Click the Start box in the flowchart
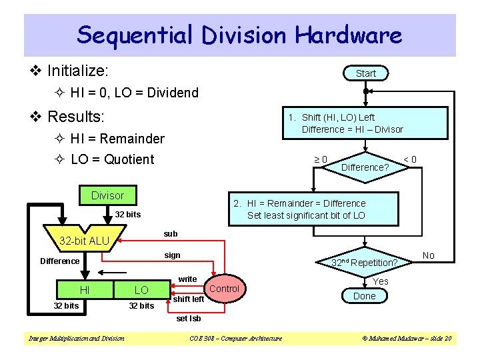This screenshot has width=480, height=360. point(365,73)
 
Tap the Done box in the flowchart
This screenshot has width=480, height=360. point(364,296)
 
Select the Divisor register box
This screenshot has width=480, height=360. point(107,195)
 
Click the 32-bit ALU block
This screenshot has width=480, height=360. point(85,241)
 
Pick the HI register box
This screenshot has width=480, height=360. point(85,290)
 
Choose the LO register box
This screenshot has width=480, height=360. point(141,290)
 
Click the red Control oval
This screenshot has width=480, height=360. point(224,289)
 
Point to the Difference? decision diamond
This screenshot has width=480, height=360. point(365,167)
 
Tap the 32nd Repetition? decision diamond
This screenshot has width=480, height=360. point(364,263)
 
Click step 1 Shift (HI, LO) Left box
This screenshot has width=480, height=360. point(352,123)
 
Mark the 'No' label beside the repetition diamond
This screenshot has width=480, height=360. point(429,255)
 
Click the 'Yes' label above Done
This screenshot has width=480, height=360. point(380,281)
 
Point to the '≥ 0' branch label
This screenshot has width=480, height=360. point(320,159)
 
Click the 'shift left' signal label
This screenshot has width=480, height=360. point(188,299)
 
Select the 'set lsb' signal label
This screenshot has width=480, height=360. point(189,318)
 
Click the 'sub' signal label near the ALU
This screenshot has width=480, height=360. point(171,234)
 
